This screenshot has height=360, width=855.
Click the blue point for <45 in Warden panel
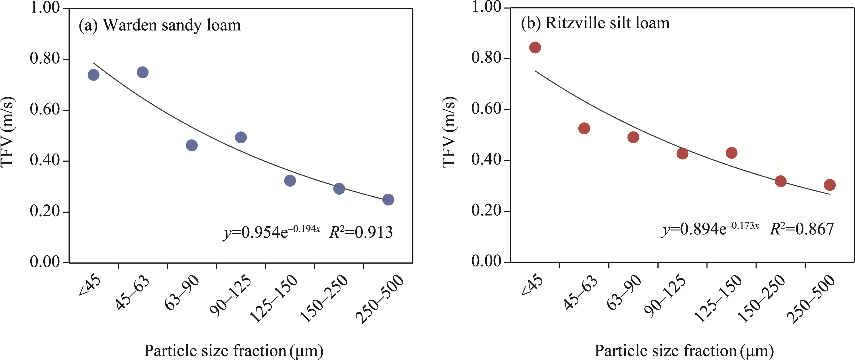point(94,75)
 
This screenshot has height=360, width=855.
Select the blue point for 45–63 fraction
point(143,72)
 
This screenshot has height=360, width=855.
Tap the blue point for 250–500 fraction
point(388,200)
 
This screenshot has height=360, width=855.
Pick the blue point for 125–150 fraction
point(290,181)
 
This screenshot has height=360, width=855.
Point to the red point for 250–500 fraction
point(830,185)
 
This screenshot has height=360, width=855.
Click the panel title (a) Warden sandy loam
point(160,25)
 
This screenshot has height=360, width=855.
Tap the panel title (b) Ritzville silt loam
point(595,23)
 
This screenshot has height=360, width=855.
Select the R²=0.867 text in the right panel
point(802,229)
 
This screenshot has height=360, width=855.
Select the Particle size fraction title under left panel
point(233,351)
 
